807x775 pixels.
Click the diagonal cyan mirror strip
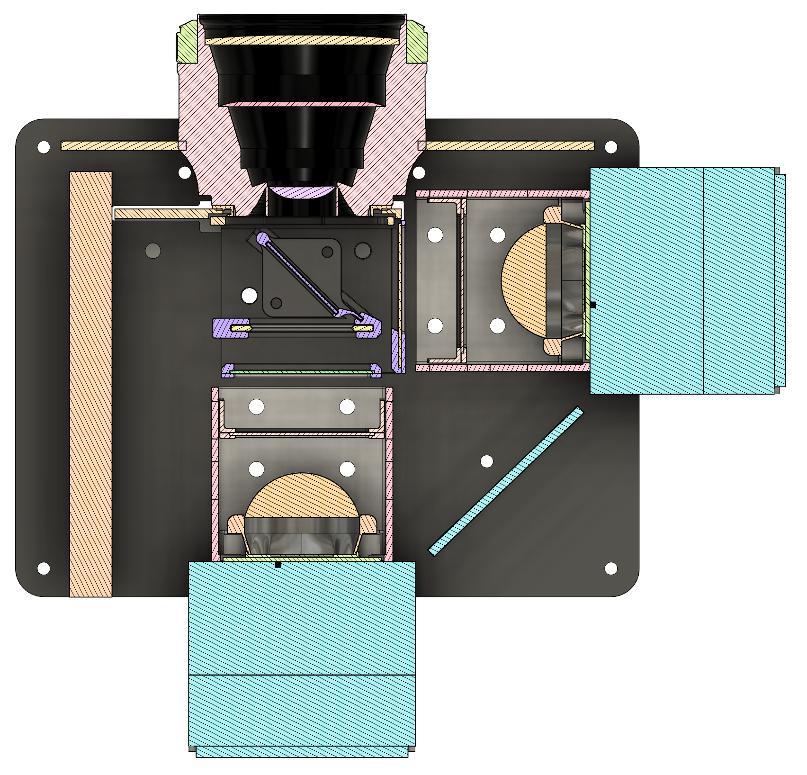506,480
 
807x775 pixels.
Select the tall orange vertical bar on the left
90,384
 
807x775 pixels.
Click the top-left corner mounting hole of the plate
44,147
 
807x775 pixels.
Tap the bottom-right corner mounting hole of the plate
611,568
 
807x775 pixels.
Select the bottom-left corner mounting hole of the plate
44,568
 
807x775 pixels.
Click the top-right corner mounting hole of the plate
611,147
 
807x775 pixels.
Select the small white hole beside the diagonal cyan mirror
487,461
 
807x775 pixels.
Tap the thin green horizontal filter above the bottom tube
301,372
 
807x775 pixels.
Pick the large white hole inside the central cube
250,296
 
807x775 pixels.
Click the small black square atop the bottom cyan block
278,564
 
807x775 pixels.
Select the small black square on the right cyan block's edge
592,305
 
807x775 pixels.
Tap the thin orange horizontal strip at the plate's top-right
509,145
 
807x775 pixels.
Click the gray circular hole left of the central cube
153,251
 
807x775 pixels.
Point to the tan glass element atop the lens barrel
302,41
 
